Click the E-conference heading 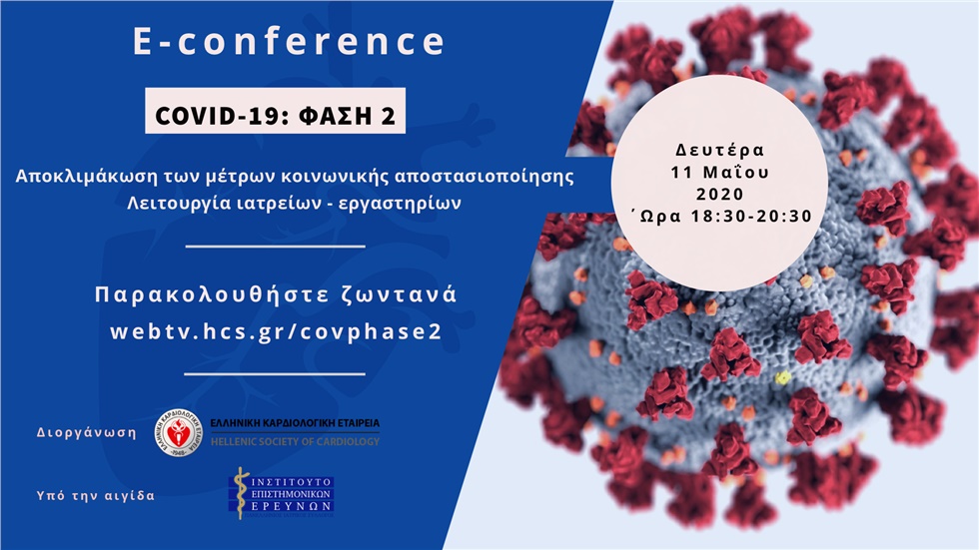tap(290, 42)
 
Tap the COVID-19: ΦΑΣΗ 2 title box tap(276, 115)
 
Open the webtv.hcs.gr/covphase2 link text tap(276, 330)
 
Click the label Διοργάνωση tap(86, 435)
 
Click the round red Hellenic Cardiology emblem tap(178, 433)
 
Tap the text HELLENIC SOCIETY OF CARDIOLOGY tap(295, 441)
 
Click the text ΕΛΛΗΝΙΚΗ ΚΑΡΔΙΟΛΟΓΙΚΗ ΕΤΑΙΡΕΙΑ tap(295, 424)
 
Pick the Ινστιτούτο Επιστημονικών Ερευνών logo tap(282, 493)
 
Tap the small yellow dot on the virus tap(783, 377)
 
